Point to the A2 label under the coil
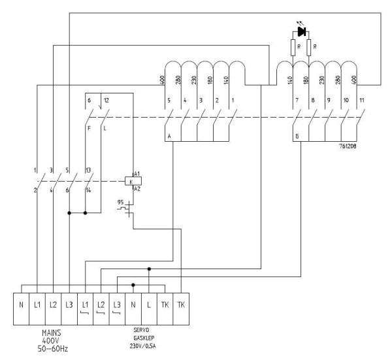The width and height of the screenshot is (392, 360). coord(137,189)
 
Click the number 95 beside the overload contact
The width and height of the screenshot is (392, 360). coord(120,201)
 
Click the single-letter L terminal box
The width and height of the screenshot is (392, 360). coord(150,304)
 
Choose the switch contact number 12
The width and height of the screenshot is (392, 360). coord(106,99)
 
